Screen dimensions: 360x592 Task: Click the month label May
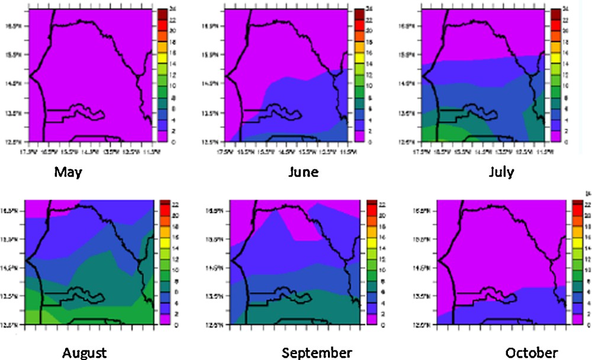pyautogui.click(x=68, y=172)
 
